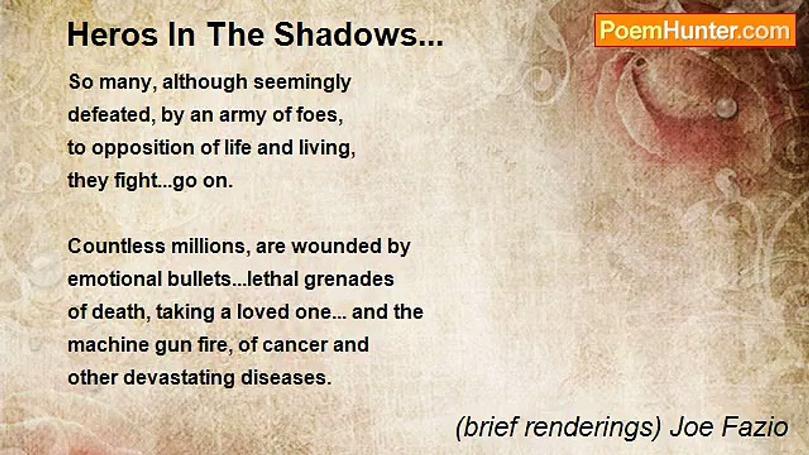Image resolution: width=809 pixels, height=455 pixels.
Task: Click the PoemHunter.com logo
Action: coord(695,30)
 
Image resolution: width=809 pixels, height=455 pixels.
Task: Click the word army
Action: coord(241,116)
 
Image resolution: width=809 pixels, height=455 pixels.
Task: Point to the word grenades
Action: coord(350,279)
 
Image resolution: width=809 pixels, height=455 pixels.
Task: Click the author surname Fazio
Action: coord(758,428)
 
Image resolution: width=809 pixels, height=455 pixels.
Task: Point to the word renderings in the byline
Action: coord(585,428)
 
